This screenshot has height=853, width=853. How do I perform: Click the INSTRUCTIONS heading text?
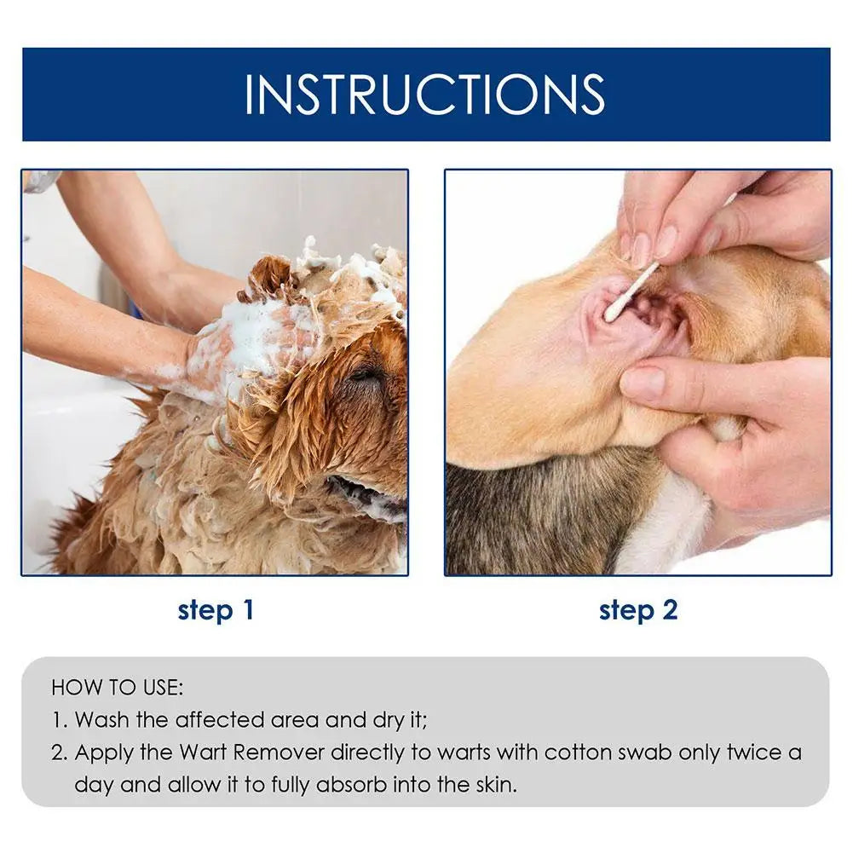click(x=425, y=94)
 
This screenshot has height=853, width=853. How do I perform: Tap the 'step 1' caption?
click(x=216, y=610)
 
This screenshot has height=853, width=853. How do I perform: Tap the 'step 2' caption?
click(x=638, y=610)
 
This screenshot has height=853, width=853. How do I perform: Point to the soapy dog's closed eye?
click(x=362, y=375)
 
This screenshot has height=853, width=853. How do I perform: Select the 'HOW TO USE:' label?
click(x=118, y=688)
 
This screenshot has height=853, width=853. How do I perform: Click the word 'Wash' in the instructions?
click(x=102, y=720)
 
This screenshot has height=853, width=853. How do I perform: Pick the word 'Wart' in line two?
click(x=203, y=752)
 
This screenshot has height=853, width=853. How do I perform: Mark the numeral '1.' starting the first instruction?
click(x=60, y=720)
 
